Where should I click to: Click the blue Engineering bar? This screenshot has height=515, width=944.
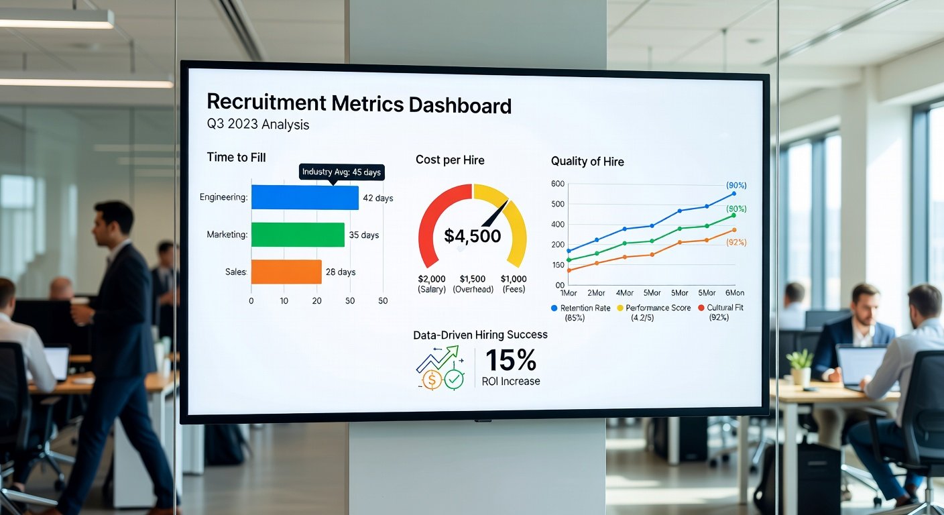[x=304, y=198]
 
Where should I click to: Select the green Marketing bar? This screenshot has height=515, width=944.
[x=298, y=235]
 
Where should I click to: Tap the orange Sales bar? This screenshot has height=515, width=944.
[x=286, y=272]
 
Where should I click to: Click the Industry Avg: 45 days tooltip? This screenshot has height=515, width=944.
[x=341, y=172]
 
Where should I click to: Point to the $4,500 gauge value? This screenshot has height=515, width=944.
[x=472, y=236]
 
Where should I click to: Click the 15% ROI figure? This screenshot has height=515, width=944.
[x=510, y=361]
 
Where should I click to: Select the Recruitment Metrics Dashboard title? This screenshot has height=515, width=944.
[x=359, y=104]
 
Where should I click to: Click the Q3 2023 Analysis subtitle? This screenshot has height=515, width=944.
[x=258, y=125]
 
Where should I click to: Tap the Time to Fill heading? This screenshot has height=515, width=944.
[x=236, y=158]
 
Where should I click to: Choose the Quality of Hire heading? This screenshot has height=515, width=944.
[x=587, y=161]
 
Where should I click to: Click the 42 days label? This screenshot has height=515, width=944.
[x=377, y=198]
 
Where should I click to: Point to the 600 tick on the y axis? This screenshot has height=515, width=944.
[x=558, y=184]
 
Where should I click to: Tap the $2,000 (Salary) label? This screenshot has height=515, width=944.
[x=432, y=284]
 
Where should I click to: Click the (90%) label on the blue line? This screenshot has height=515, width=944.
[x=736, y=185]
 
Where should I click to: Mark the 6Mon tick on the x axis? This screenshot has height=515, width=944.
[x=735, y=293]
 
